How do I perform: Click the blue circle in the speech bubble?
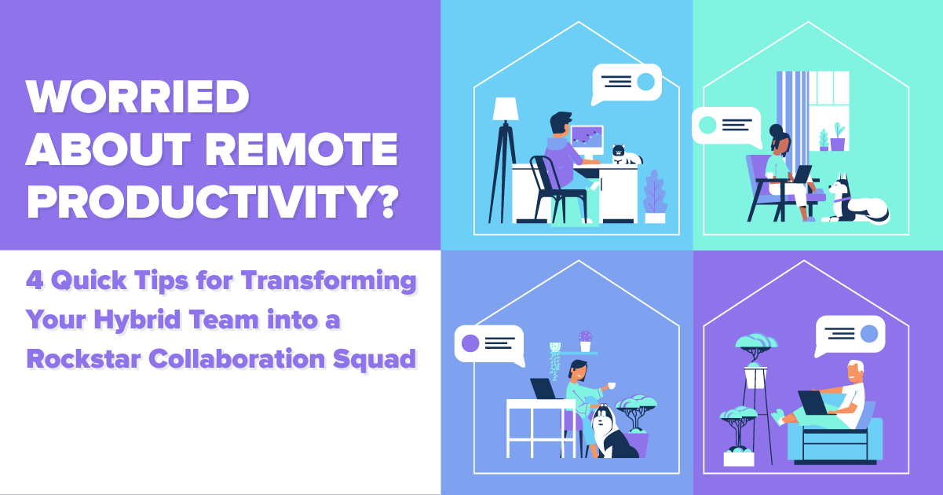pyautogui.click(x=868, y=334)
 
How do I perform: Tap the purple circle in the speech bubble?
pyautogui.click(x=470, y=343)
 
